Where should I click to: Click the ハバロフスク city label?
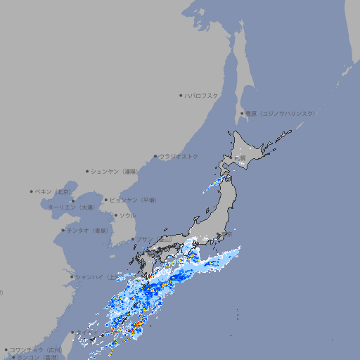click(201, 95)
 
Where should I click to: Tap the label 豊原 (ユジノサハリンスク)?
click(281, 113)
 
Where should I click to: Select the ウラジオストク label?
click(179, 156)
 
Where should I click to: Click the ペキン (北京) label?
click(54, 191)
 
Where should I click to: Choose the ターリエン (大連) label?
click(71, 207)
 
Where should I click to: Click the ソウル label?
click(127, 215)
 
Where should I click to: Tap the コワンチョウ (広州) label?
click(35, 349)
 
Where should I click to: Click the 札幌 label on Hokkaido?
click(240, 158)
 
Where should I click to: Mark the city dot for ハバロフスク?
click(181, 95)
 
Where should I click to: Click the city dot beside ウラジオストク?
click(155, 156)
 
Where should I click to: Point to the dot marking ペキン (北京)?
click(31, 191)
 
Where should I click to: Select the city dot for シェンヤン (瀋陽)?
click(87, 171)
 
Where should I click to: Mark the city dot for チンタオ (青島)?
click(63, 230)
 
